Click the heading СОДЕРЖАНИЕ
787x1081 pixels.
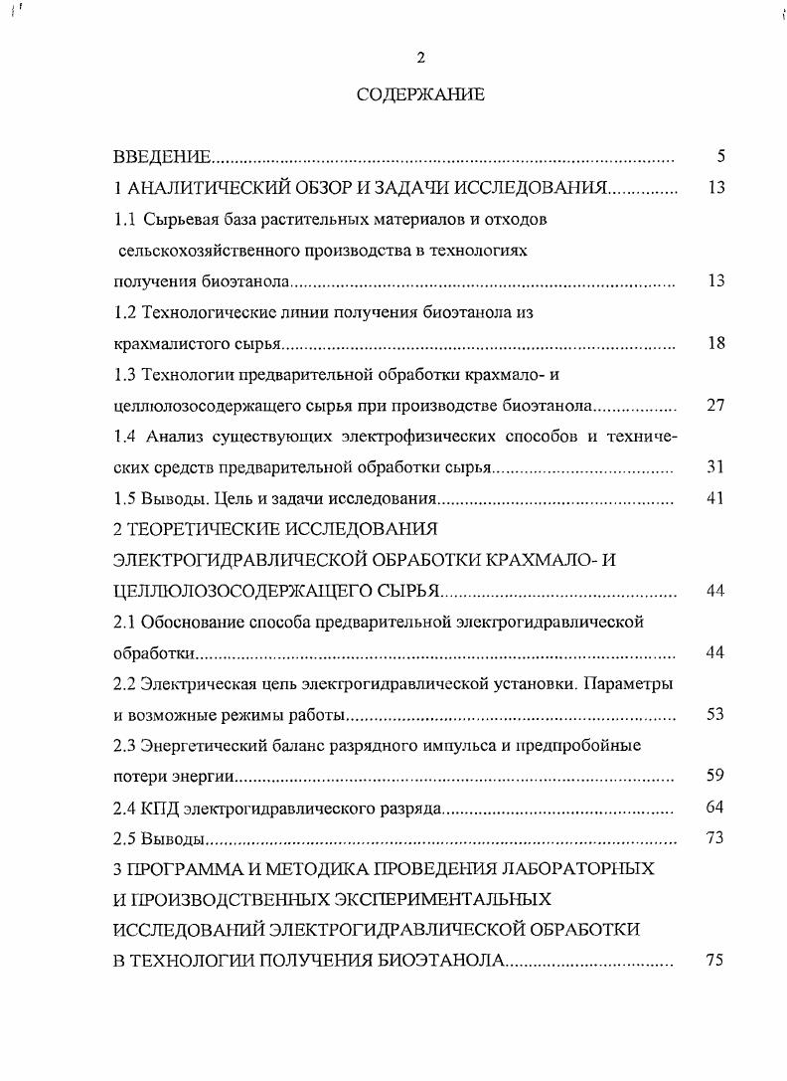(x=420, y=95)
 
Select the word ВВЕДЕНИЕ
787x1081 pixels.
(x=161, y=156)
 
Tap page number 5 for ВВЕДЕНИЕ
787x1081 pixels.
(x=721, y=156)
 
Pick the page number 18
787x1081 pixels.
(x=715, y=343)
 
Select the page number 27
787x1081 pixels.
(x=715, y=406)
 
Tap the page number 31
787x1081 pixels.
(x=715, y=467)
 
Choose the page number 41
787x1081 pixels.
(x=715, y=498)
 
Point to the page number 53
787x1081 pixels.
(x=715, y=715)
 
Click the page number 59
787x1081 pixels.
(x=715, y=776)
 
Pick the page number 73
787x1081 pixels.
(x=715, y=837)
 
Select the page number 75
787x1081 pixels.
(x=715, y=961)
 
